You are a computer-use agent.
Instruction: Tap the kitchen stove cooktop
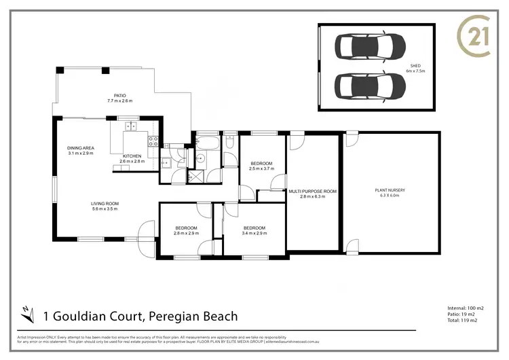tap(153, 143)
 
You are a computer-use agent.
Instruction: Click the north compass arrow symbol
tap(26, 313)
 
